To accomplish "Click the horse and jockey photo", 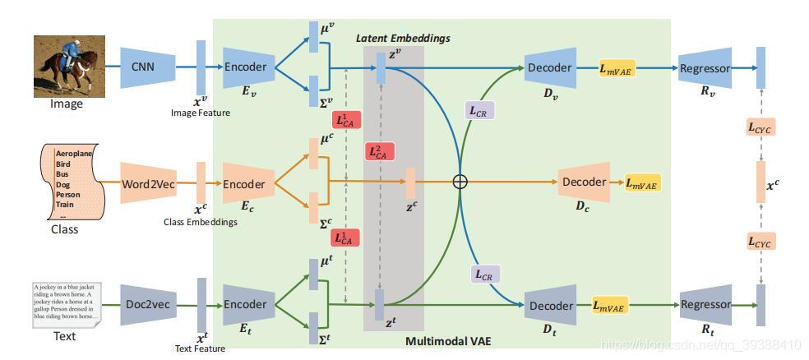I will [69, 66].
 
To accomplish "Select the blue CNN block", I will [149, 67].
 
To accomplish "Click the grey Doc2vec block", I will [149, 304].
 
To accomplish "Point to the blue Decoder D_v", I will [549, 67].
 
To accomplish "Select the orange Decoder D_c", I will [584, 182].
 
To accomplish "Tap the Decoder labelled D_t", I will [549, 305].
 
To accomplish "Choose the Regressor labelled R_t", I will [704, 305].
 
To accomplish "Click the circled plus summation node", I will [460, 182].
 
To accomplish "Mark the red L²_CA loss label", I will [380, 151].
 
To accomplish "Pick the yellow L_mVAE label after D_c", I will [643, 183].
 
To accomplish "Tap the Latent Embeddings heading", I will [403, 39].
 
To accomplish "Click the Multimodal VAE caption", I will [448, 340].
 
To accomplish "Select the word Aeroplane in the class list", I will [74, 154].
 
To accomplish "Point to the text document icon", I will [66, 304].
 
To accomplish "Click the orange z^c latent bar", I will [410, 182].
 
